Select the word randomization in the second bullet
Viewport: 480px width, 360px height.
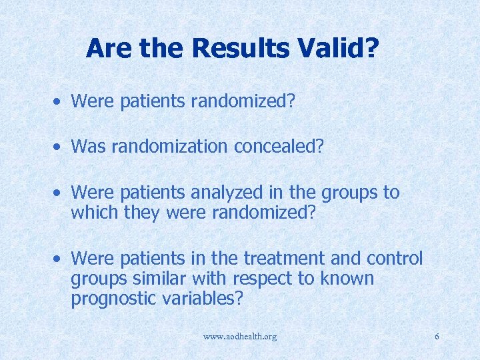[x=171, y=146]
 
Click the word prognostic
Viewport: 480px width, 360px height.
[x=114, y=299]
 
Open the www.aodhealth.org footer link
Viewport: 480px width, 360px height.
[x=240, y=337]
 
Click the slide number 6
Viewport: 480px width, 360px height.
[x=437, y=337]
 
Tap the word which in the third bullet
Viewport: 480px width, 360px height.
[x=93, y=213]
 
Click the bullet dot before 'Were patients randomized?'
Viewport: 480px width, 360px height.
[x=59, y=101]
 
